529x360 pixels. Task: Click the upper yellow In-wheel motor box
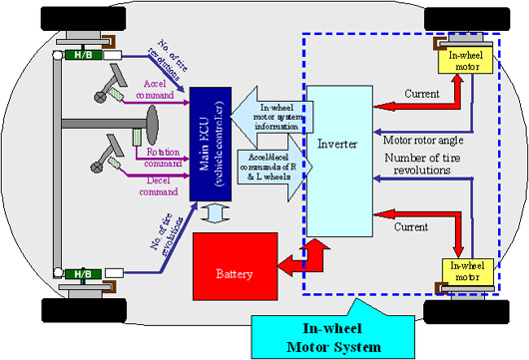point(467,62)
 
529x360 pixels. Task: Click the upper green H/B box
point(78,54)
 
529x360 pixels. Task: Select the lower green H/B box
point(78,271)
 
